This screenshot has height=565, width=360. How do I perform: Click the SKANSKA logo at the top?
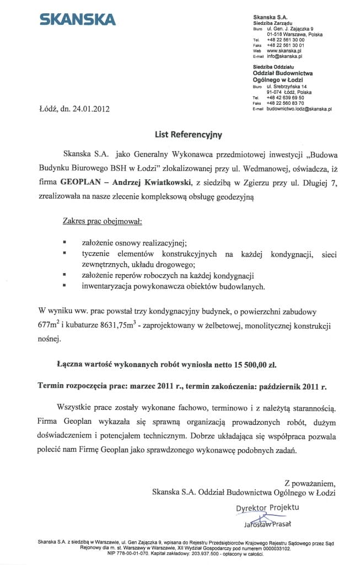click(x=77, y=20)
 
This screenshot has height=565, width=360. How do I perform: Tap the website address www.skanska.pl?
click(x=283, y=50)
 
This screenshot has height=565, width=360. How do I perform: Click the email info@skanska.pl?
click(x=284, y=56)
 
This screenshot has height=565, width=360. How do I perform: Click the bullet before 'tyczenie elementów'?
click(x=65, y=253)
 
